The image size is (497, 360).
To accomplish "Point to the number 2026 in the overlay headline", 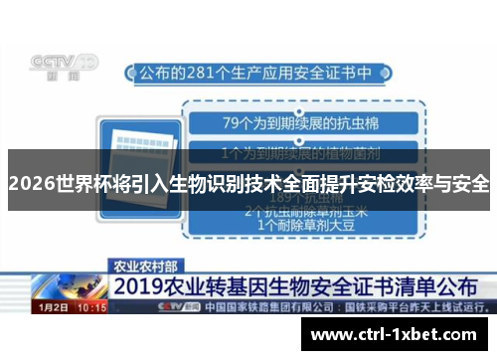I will [x=29, y=184].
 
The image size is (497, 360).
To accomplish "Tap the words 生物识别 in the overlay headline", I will [x=194, y=184].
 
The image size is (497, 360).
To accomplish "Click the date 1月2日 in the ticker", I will [x=53, y=308].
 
